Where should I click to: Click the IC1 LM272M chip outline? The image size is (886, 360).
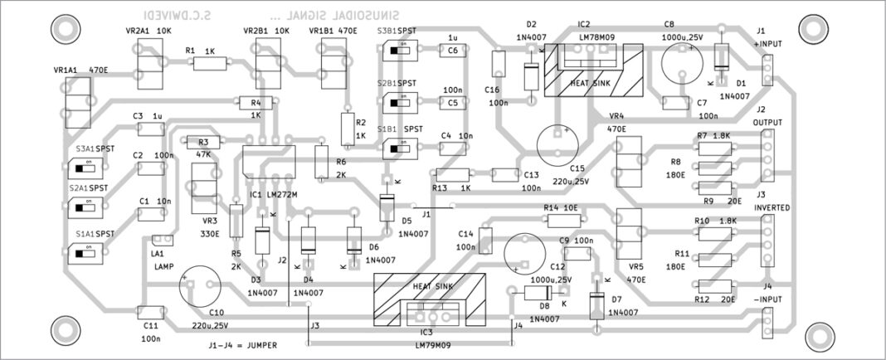coord(268,162)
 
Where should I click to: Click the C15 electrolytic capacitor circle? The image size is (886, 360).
coord(558,144)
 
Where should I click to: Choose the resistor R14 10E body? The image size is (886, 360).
coord(563,220)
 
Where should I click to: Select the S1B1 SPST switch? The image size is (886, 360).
coord(398,148)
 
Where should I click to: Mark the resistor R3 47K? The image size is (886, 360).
coord(203,143)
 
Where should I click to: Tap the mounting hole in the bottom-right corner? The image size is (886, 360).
coord(819,335)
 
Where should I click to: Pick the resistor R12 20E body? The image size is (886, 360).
coord(713,286)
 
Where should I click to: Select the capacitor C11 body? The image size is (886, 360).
coord(149,312)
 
